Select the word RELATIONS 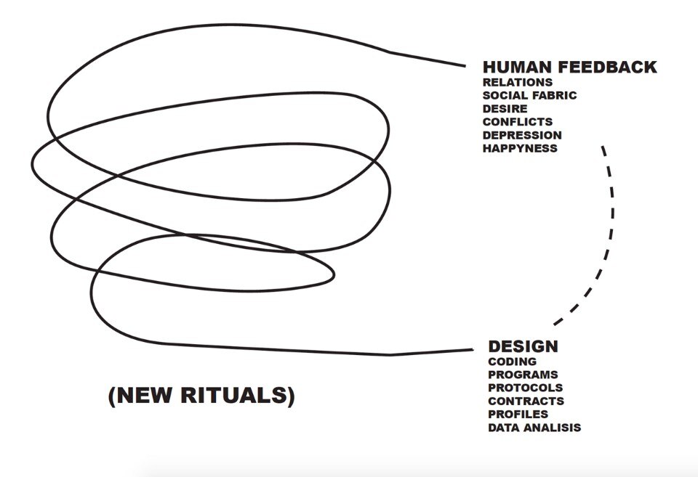click(x=517, y=83)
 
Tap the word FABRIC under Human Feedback click(x=555, y=96)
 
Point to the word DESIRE click(x=505, y=109)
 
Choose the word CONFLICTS click(x=517, y=122)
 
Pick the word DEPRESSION click(x=521, y=135)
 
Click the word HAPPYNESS click(x=519, y=148)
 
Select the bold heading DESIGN click(x=523, y=346)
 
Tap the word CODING click(x=512, y=362)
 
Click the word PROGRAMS click(x=523, y=375)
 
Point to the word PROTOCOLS click(x=525, y=388)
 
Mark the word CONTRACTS click(x=526, y=401)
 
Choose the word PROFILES click(x=518, y=414)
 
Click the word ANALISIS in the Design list click(x=553, y=428)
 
